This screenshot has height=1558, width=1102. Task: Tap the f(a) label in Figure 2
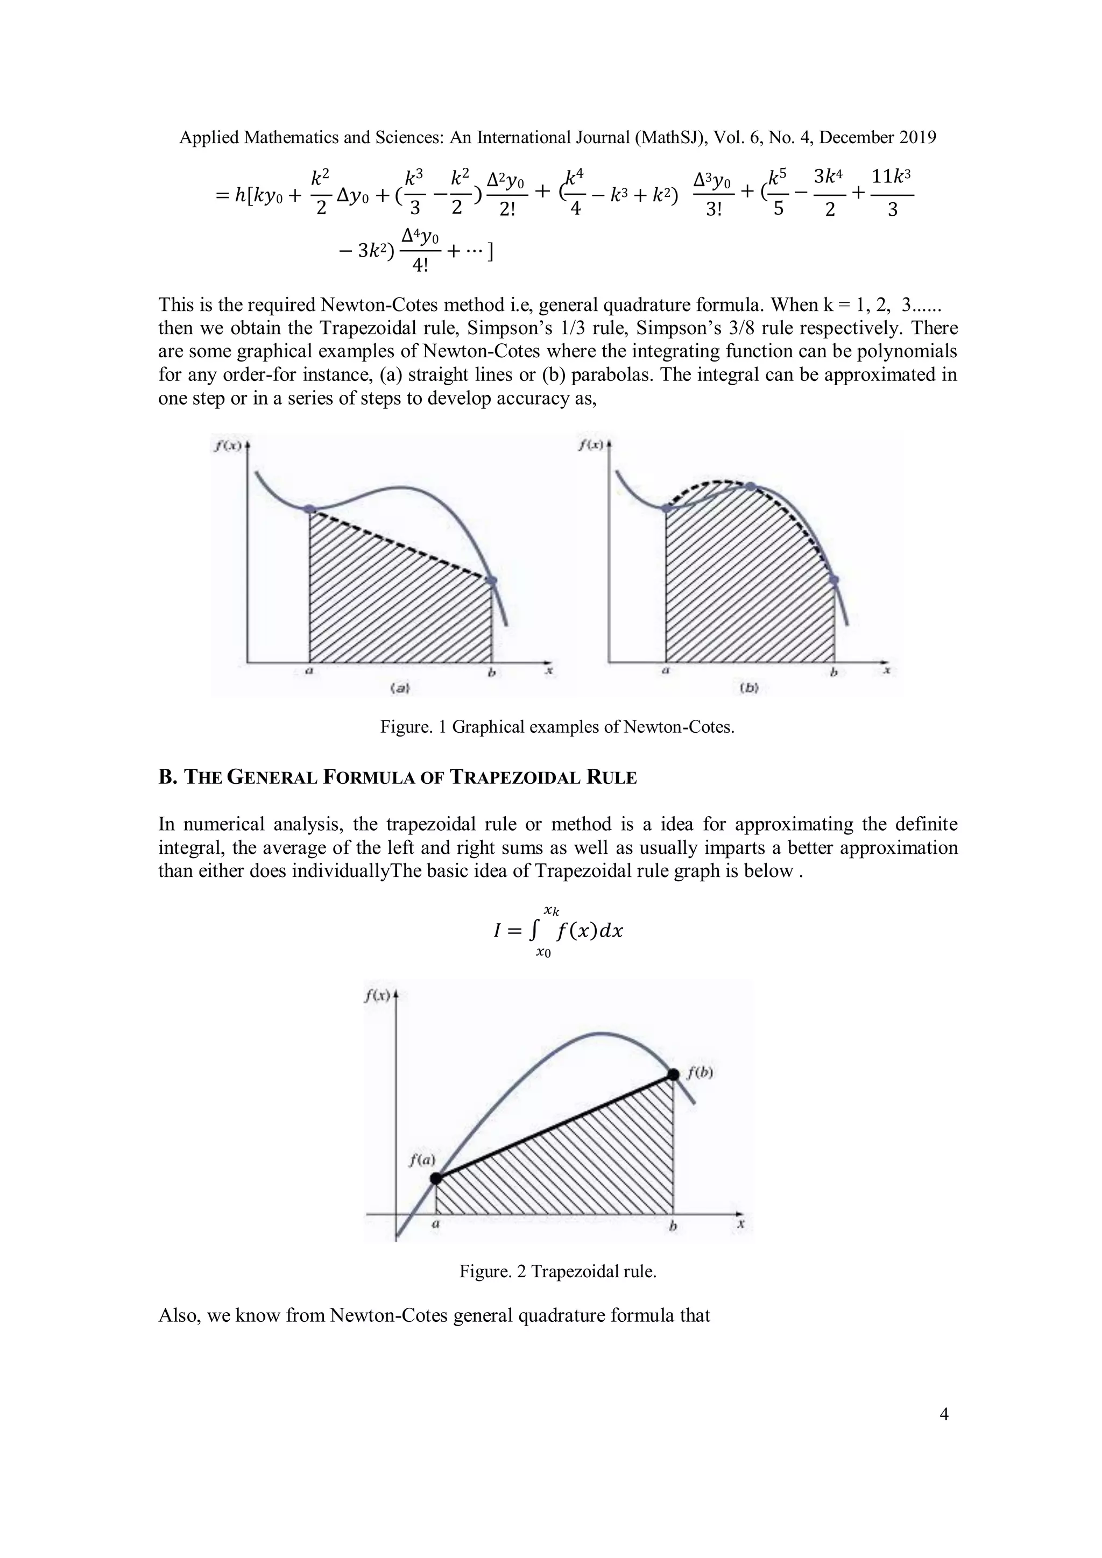click(421, 1160)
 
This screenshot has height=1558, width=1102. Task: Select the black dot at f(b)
click(673, 1074)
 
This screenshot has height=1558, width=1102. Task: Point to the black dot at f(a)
click(436, 1179)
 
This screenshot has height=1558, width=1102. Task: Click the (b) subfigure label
click(748, 688)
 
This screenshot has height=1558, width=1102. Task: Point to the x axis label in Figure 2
click(741, 1224)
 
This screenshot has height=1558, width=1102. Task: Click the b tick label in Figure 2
click(673, 1227)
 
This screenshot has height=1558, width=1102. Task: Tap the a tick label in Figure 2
click(436, 1226)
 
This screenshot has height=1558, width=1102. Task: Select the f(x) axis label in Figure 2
click(377, 995)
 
